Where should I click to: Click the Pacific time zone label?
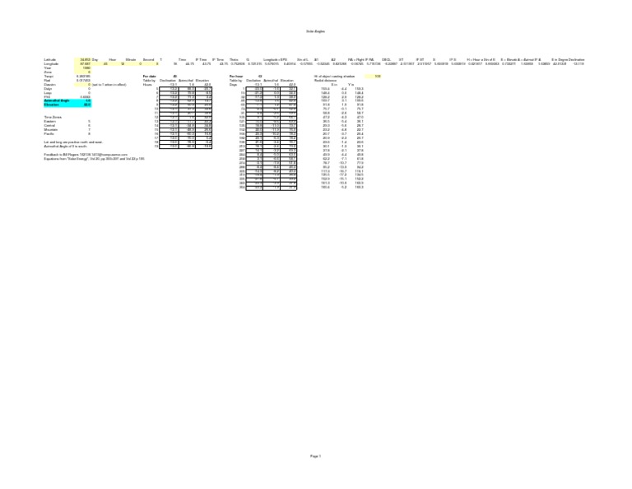click(x=49, y=134)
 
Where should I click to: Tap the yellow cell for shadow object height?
click(x=377, y=76)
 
